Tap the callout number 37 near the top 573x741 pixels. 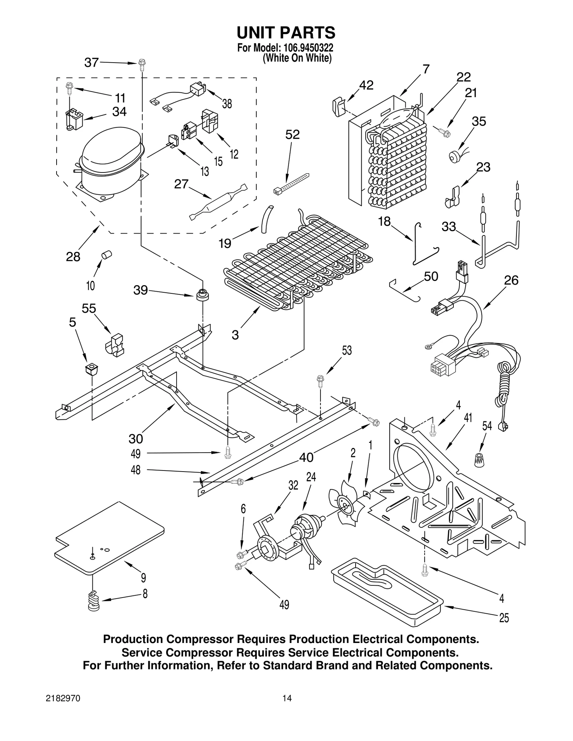coord(91,63)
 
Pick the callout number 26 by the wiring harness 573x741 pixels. coord(511,280)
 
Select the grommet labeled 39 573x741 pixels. coord(202,295)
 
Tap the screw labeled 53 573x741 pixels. coord(321,381)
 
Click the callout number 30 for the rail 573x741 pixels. coord(136,438)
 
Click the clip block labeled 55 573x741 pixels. coord(114,345)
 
